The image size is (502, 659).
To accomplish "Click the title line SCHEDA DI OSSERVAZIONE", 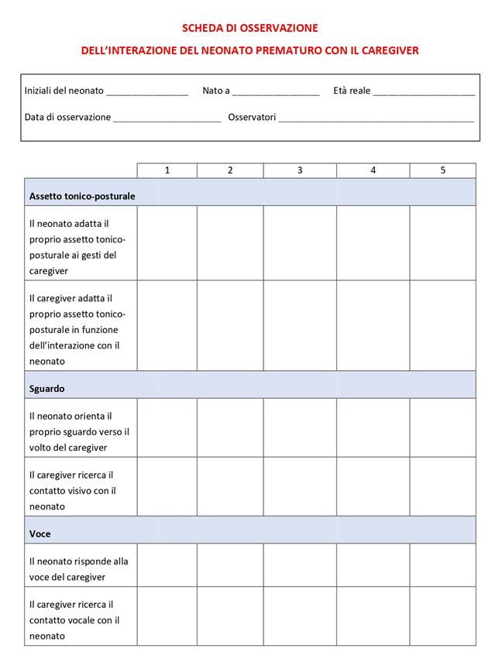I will [250, 28].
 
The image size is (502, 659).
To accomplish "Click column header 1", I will [167, 170].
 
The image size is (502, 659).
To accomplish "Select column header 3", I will [300, 170].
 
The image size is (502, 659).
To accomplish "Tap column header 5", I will [442, 170].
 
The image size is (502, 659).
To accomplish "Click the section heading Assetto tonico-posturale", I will [82, 196].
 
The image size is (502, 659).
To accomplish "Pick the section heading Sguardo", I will [46, 388].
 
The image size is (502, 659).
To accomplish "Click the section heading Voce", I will [40, 534].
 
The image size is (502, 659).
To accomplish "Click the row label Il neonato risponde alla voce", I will [78, 568].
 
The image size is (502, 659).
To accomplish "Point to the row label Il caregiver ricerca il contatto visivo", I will [72, 490].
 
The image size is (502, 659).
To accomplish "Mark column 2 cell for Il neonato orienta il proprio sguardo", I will [230, 427].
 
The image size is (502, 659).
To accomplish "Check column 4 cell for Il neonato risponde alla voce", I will [373, 568].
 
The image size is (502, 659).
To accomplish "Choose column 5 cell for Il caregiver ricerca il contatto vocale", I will [442, 620].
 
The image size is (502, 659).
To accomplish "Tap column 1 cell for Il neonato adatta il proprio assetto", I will [167, 242].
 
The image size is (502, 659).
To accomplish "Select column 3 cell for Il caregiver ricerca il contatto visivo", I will [300, 486].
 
